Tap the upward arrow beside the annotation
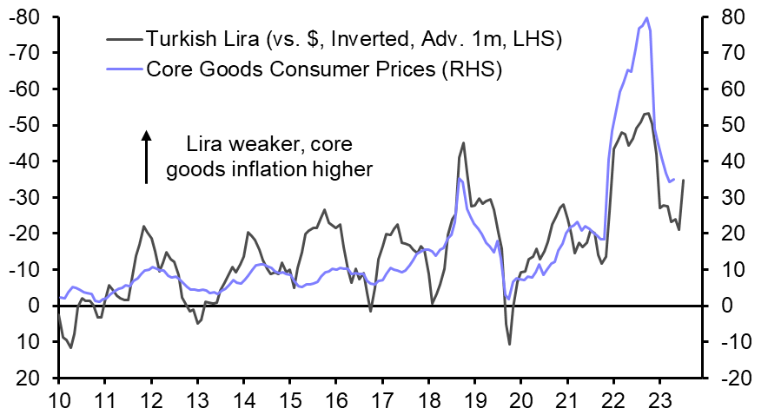tap(147, 156)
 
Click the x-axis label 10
tap(58, 402)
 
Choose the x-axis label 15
tap(290, 402)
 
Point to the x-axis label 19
tap(475, 402)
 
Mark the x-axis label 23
tap(660, 402)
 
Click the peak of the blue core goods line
tap(646, 17)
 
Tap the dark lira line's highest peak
tap(646, 113)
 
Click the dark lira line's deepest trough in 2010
tap(70, 347)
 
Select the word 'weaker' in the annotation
tap(256, 143)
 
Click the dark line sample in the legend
tap(124, 39)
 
